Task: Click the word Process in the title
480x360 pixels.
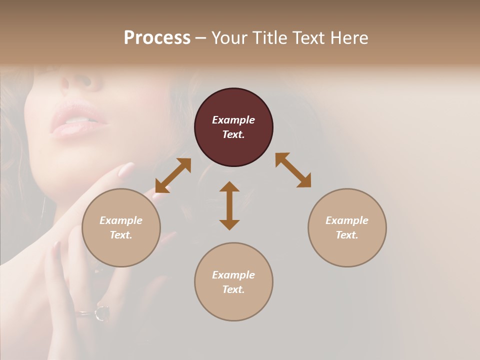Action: (157, 38)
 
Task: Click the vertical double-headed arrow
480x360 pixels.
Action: (229, 205)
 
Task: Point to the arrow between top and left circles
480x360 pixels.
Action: (173, 175)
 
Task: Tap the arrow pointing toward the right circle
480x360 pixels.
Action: (293, 170)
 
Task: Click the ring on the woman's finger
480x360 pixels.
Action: (101, 312)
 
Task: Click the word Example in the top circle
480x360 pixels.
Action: (233, 120)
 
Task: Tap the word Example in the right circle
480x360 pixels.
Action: (347, 220)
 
